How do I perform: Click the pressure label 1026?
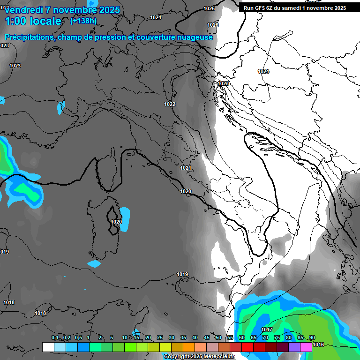pos(213,25)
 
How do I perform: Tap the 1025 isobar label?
pos(209,8)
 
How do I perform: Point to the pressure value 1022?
pos(170,104)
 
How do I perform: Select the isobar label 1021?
pos(186,168)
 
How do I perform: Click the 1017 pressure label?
pos(267,330)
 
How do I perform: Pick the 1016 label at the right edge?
pos(318,345)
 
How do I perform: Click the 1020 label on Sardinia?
pos(116,222)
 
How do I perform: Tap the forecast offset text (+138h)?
pos(83,21)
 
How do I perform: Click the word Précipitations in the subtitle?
pos(29,37)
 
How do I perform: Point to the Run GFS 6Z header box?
pos(295,8)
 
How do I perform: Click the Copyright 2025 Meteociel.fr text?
pos(199,357)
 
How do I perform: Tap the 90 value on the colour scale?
pos(312,337)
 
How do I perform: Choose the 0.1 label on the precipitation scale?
pos(55,337)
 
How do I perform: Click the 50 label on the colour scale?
pos(218,337)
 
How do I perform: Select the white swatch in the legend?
pos(48,347)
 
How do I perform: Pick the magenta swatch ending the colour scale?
pos(306,347)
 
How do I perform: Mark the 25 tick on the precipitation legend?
pos(160,337)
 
